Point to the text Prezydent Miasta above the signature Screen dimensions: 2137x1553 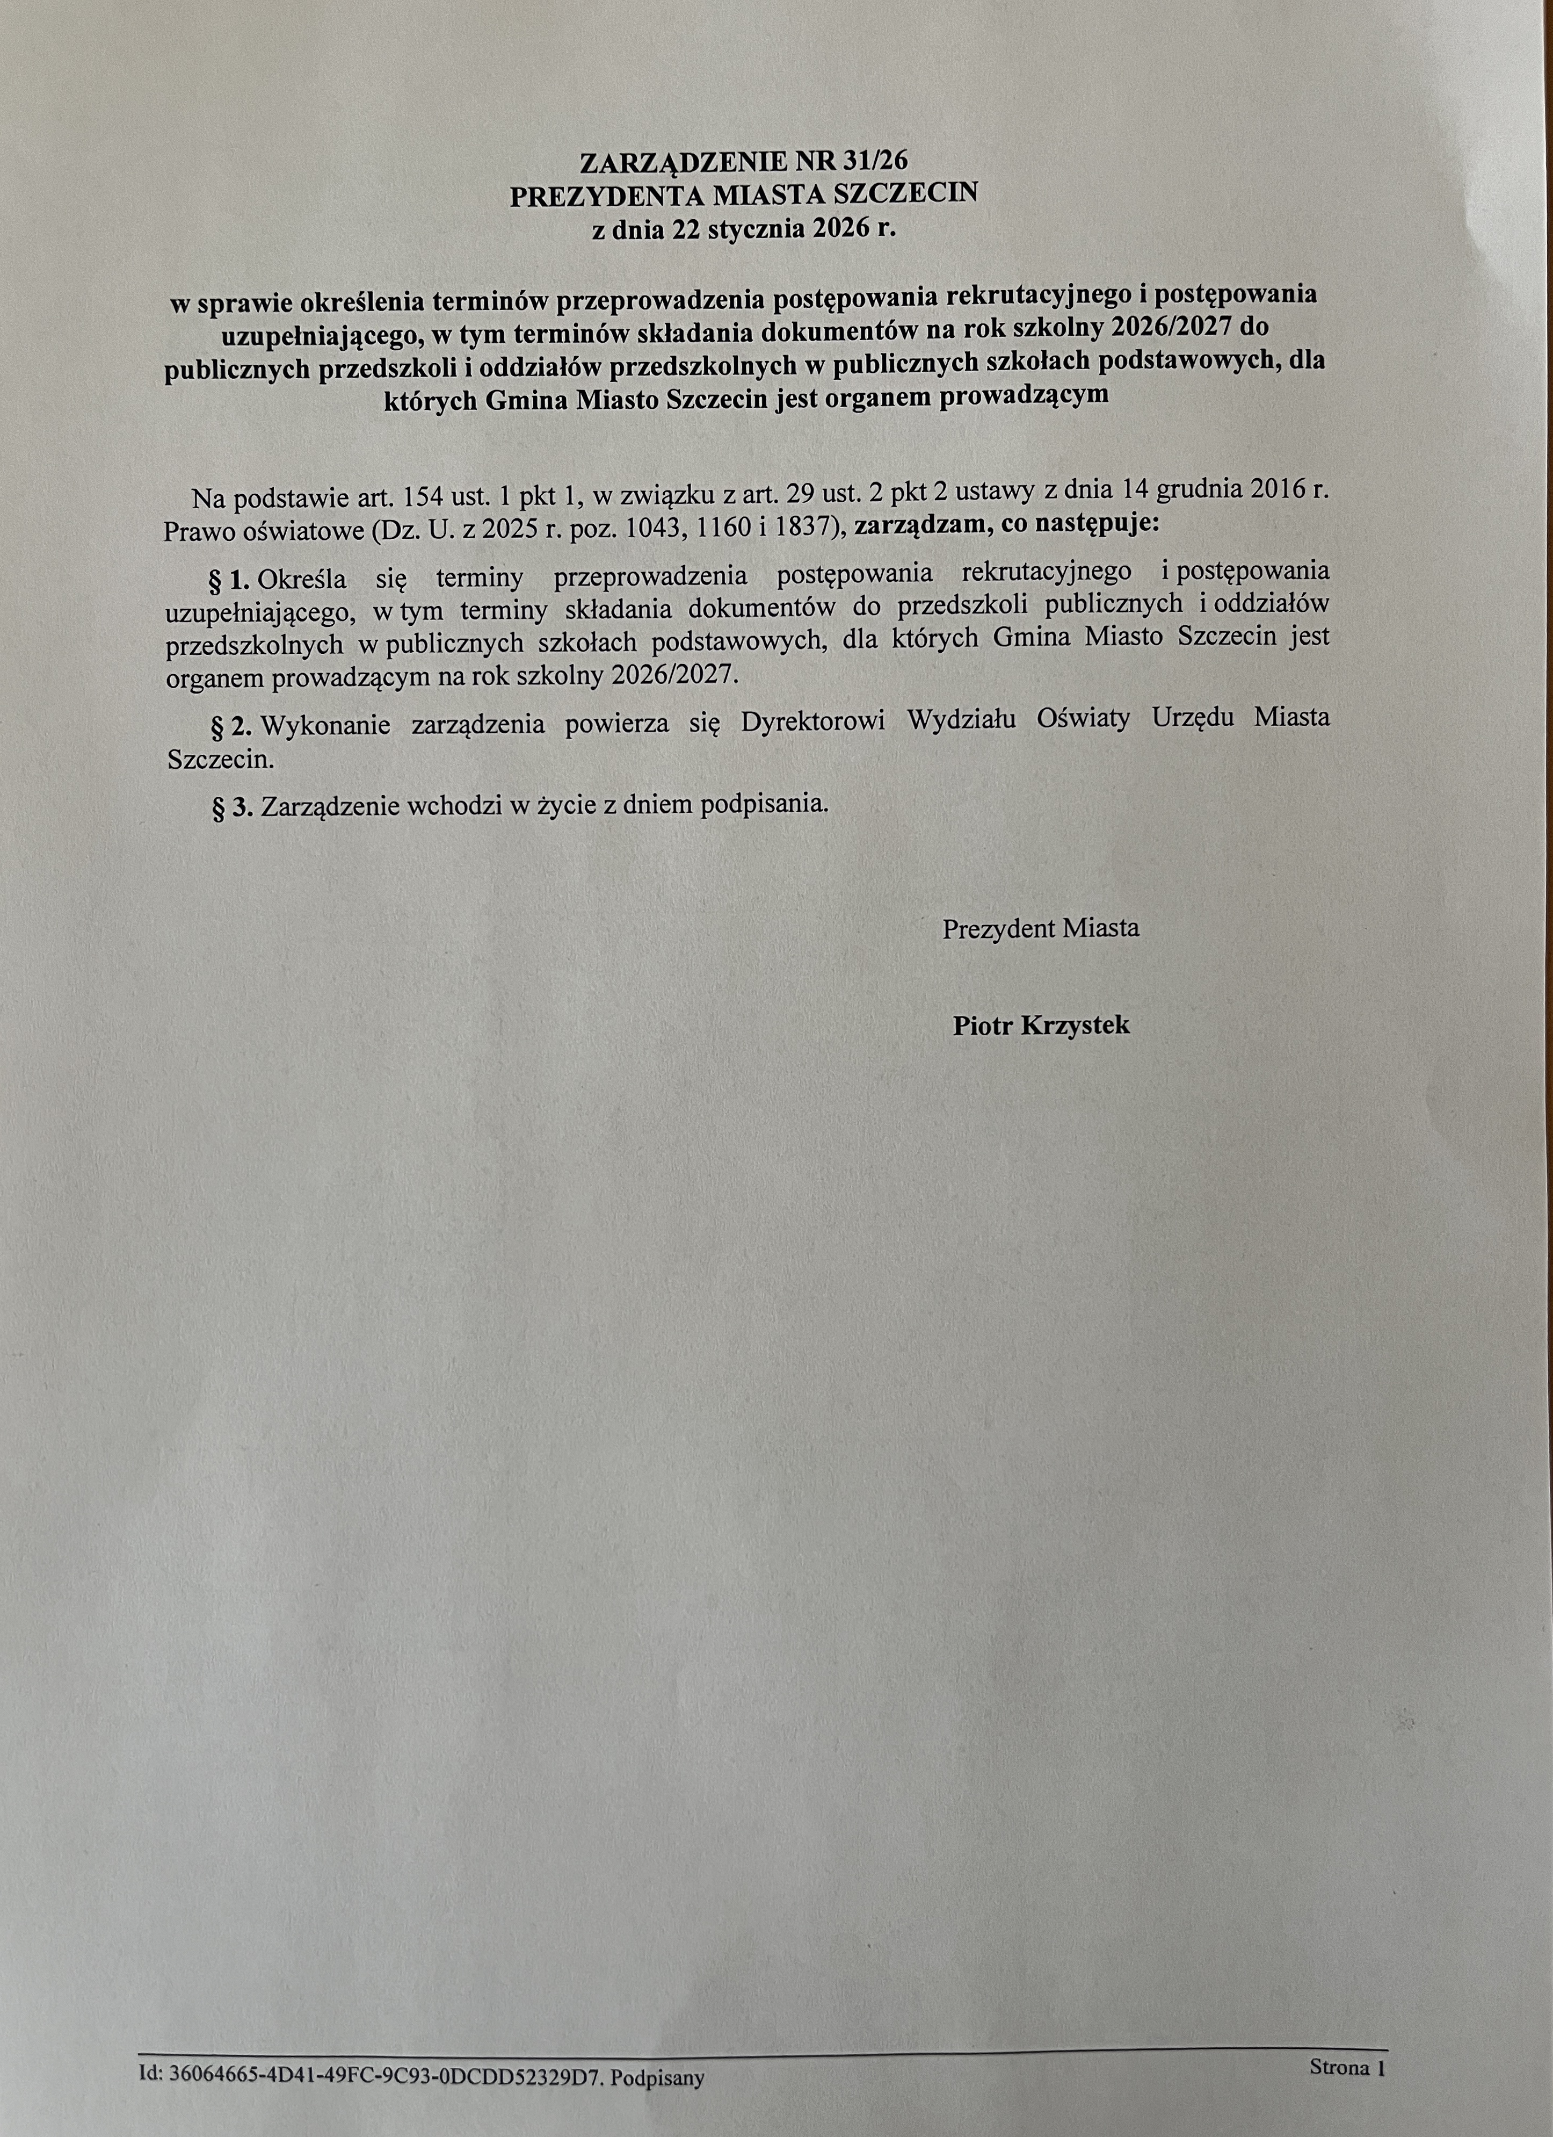[x=1041, y=928]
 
